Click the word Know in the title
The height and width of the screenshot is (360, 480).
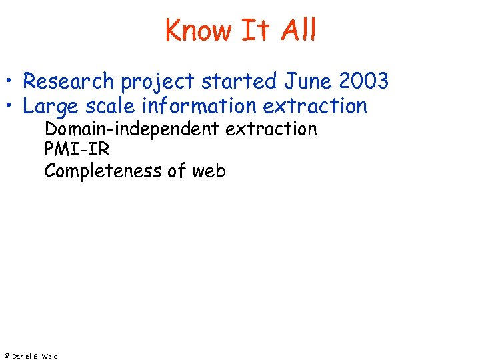pos(197,30)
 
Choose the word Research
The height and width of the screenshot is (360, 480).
pos(69,81)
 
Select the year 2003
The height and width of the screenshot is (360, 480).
pos(364,81)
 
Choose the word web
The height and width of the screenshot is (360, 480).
pos(209,171)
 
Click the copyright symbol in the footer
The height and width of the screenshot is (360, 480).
pos(6,356)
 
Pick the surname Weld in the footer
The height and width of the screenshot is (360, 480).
pos(50,356)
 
